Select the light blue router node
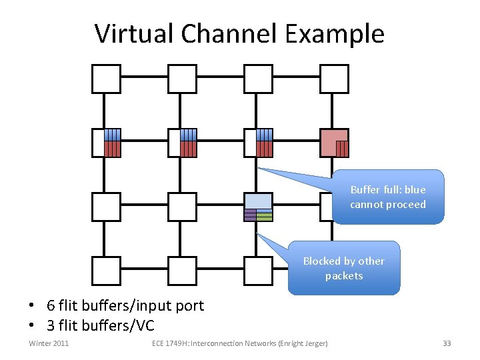point(258,201)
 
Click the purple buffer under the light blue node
point(250,215)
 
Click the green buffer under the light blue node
point(265,215)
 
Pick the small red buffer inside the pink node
point(342,148)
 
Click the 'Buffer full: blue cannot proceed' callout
point(387,197)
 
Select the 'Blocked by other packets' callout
point(344,268)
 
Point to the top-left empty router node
point(106,79)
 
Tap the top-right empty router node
point(334,79)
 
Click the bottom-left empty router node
point(106,270)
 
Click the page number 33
point(447,343)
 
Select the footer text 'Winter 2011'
point(49,343)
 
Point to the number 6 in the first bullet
point(51,305)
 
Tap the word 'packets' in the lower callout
point(344,275)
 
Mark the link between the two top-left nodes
point(144,77)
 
